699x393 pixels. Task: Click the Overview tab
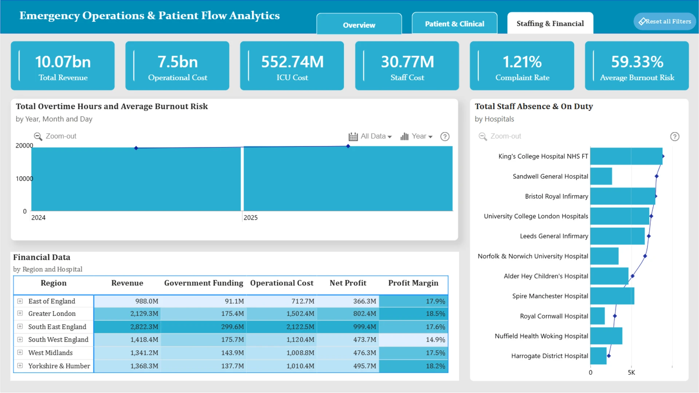click(359, 24)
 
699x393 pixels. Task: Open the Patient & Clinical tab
click(454, 24)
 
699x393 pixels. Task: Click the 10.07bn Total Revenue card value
click(63, 62)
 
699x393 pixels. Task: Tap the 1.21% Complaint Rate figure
click(522, 62)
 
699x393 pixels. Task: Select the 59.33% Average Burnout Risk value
click(637, 62)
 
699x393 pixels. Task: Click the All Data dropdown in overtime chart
click(370, 136)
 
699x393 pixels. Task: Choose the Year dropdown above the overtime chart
click(416, 136)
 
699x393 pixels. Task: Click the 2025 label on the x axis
click(250, 218)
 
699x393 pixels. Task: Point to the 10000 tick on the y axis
click(24, 179)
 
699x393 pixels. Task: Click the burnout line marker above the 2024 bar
click(136, 148)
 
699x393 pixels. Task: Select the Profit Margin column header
click(413, 283)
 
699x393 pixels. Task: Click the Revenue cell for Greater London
click(127, 314)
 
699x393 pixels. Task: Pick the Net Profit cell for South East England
click(348, 327)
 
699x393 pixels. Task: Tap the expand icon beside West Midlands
click(20, 353)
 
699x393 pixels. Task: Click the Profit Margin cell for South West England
click(413, 340)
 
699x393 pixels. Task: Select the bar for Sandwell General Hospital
click(601, 176)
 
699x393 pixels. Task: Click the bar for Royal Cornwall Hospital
click(597, 316)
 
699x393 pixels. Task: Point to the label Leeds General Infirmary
click(554, 236)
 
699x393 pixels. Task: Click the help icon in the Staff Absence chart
click(675, 136)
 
